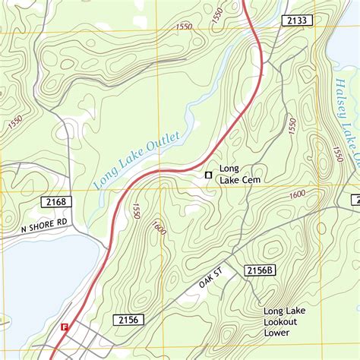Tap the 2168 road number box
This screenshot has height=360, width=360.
coord(55,202)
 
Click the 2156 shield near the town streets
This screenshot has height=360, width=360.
coord(127,321)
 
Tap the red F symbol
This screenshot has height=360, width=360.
coord(65,327)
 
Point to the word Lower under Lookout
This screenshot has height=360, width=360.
coord(277,333)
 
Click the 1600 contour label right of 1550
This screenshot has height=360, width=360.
coord(159,227)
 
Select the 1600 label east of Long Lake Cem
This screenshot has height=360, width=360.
coord(298,195)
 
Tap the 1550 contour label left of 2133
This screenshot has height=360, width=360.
coord(183,27)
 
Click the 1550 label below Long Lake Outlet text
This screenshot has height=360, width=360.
coord(137,210)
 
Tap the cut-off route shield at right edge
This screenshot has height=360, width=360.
coord(355,200)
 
